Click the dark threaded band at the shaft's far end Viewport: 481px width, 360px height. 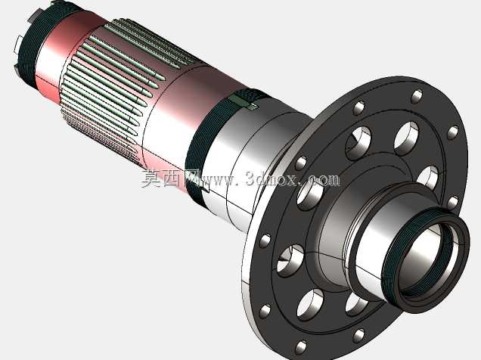click(x=34, y=43)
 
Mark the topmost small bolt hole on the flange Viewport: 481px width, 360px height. click(x=416, y=96)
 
